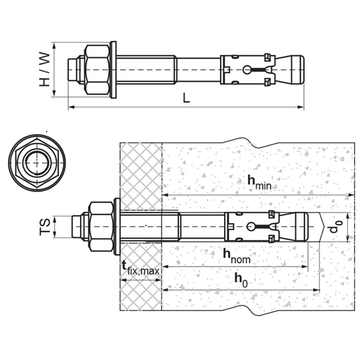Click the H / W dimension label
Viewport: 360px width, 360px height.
click(x=44, y=69)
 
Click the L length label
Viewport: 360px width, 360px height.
click(x=186, y=97)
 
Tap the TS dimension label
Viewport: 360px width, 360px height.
click(x=45, y=227)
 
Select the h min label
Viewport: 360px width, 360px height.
click(x=259, y=182)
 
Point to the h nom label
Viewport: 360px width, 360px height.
click(x=237, y=256)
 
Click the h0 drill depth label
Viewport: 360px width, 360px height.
click(x=241, y=280)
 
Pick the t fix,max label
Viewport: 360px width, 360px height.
click(x=141, y=269)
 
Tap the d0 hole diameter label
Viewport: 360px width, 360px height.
click(x=336, y=226)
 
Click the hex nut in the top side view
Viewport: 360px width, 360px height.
click(x=97, y=70)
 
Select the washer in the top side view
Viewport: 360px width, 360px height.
click(x=113, y=70)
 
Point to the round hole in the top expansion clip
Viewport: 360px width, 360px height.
click(x=247, y=70)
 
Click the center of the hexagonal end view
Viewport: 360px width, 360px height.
click(x=37, y=163)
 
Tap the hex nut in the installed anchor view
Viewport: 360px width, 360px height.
click(x=101, y=227)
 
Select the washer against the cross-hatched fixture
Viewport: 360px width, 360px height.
click(x=117, y=227)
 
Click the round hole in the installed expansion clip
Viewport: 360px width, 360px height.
click(x=251, y=227)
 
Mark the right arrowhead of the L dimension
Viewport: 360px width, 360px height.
click(x=301, y=107)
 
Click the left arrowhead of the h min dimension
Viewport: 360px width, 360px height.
click(x=166, y=195)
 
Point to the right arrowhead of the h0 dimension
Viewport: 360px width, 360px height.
click(x=317, y=290)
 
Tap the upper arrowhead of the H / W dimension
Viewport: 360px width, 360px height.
click(x=54, y=46)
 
